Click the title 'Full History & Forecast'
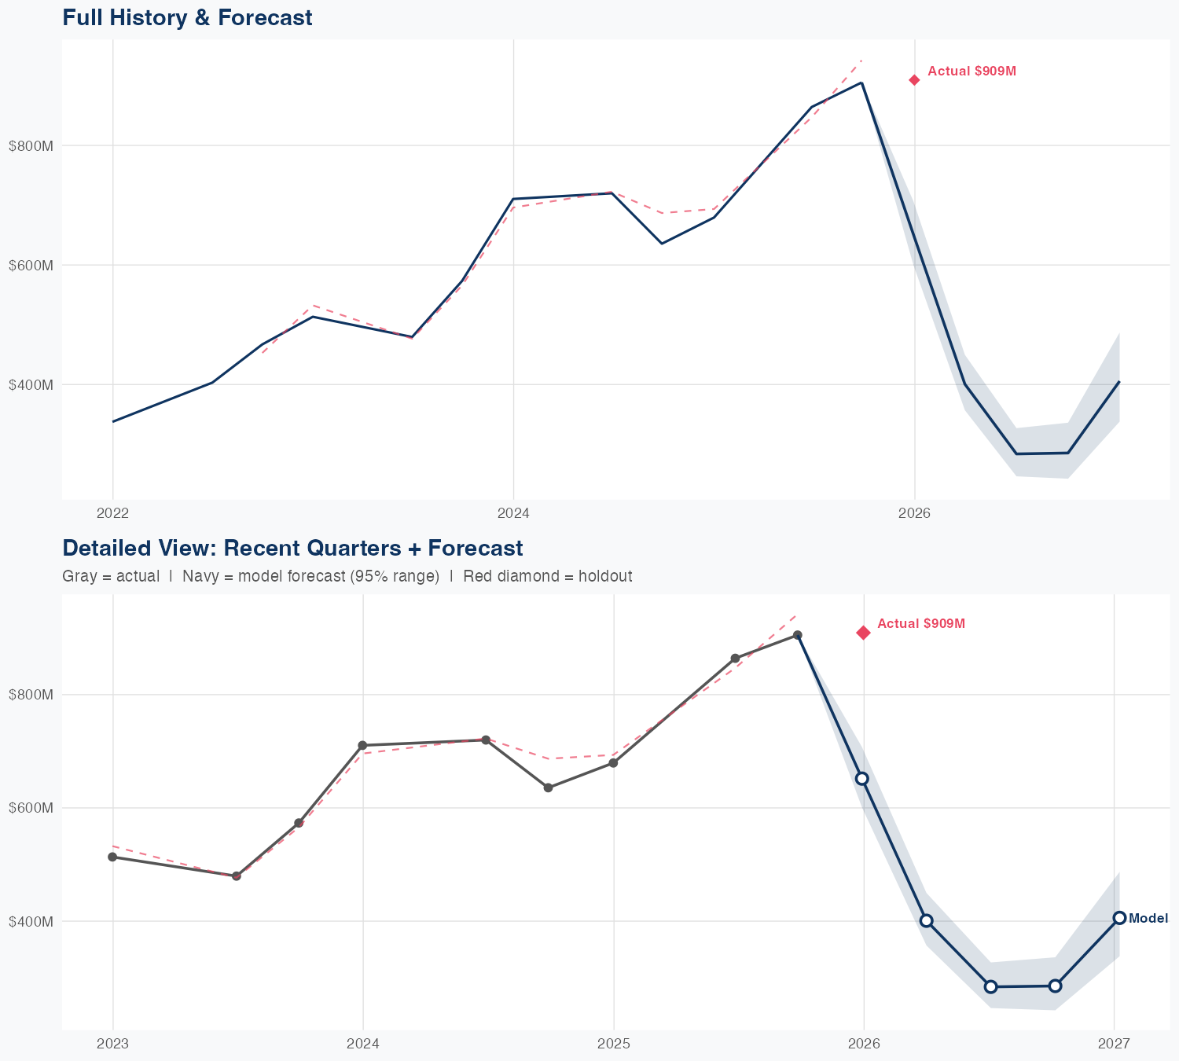point(187,17)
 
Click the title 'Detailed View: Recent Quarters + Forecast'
point(292,548)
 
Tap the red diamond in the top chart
point(914,80)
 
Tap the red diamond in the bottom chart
point(863,633)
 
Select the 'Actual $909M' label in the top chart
point(971,72)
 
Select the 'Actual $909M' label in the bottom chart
point(920,624)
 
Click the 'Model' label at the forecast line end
point(1148,919)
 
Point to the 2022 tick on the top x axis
point(112,514)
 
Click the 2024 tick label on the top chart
point(513,514)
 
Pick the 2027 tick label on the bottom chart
point(1114,1044)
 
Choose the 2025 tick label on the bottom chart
point(613,1044)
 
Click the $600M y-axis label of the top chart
point(31,266)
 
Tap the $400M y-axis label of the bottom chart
point(31,921)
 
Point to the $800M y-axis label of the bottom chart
point(31,695)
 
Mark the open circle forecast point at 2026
point(862,778)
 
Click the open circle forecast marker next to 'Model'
point(1119,918)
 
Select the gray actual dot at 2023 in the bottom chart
point(112,857)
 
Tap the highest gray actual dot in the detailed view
point(797,635)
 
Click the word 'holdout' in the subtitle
point(604,577)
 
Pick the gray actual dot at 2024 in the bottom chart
point(362,745)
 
